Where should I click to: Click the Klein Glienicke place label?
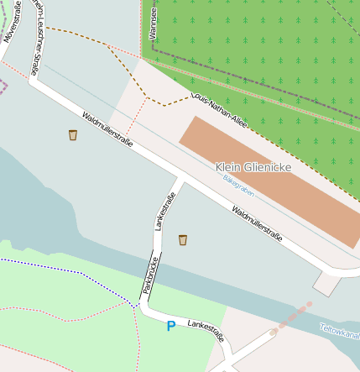click(253, 167)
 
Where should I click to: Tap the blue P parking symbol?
click(171, 326)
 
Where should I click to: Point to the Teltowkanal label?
click(339, 333)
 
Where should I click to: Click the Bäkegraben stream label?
click(238, 186)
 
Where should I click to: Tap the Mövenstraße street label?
click(12, 24)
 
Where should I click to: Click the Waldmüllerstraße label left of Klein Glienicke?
click(107, 129)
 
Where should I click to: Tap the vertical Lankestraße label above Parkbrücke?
click(165, 211)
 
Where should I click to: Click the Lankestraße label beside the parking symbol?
click(206, 329)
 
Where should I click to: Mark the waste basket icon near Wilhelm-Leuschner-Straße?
click(73, 134)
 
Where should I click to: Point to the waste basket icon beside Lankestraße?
click(182, 240)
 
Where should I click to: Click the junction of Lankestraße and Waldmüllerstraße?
click(180, 179)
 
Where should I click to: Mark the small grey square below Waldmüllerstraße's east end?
click(326, 285)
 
